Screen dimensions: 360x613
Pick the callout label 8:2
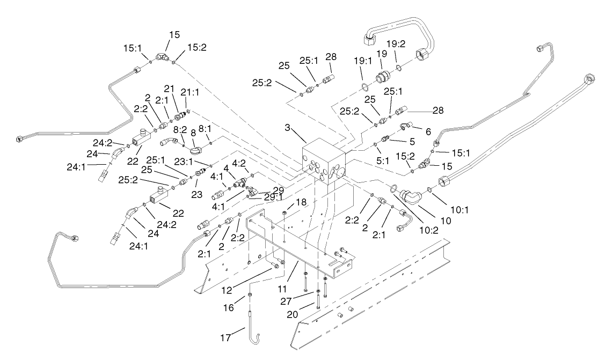180,129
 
